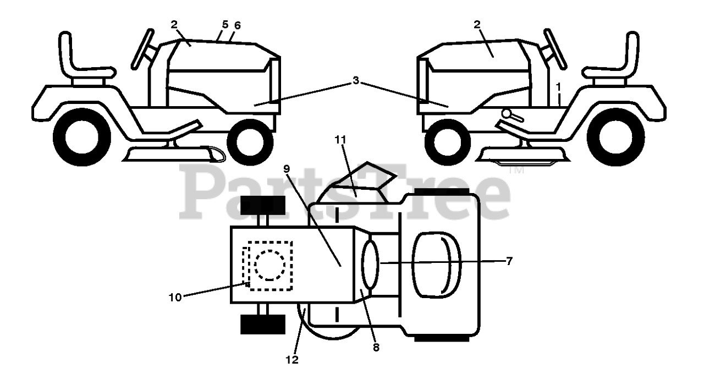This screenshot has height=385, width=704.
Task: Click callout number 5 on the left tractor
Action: [x=224, y=25]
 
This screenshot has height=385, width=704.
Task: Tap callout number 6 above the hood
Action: [x=237, y=25]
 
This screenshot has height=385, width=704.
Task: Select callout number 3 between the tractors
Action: [x=356, y=81]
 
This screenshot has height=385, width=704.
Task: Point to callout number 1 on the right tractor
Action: [x=559, y=86]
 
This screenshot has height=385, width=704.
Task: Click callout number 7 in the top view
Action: [x=509, y=261]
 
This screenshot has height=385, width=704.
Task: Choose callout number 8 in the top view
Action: [x=376, y=347]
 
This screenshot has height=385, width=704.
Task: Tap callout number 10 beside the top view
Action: [x=175, y=297]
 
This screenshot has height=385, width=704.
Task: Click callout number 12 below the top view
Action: [x=293, y=360]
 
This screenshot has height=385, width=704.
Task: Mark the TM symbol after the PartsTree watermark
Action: [x=515, y=171]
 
